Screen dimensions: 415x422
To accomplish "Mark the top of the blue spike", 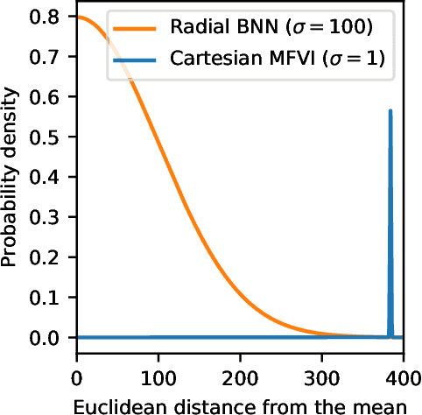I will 390,111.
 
